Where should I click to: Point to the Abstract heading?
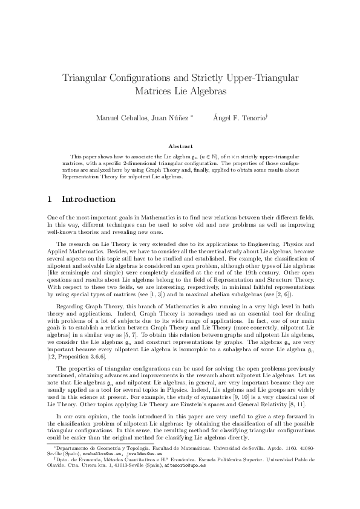pos(180,146)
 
